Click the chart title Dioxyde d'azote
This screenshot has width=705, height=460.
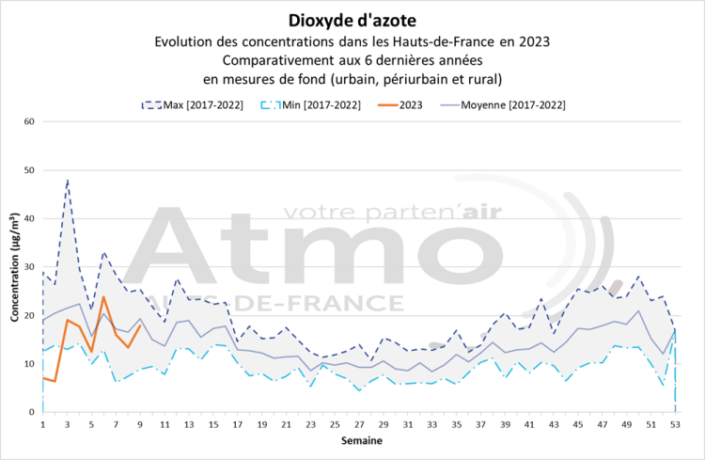coord(352,20)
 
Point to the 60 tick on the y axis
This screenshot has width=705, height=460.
coord(29,121)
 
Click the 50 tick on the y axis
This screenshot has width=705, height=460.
coord(29,170)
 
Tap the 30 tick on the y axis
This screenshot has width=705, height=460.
coord(29,267)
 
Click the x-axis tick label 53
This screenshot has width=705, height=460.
coord(675,425)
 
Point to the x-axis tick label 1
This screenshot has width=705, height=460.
coord(43,425)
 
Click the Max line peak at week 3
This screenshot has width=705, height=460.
coord(68,179)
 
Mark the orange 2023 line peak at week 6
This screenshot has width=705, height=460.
coord(103,297)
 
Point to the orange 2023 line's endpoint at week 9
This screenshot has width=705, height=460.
coord(140,325)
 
